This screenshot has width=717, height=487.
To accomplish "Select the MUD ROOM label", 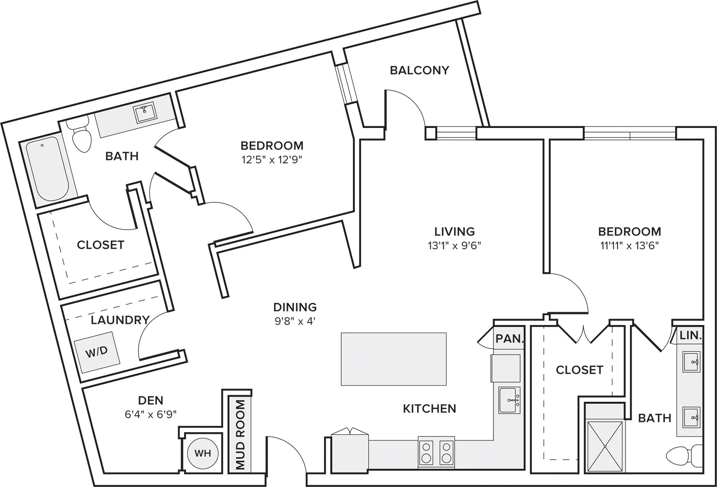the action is coord(240,435).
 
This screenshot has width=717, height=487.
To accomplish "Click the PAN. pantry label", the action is coord(509,339).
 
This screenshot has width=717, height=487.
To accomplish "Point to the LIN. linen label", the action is coord(690,336).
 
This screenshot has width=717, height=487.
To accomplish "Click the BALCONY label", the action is coord(419,70).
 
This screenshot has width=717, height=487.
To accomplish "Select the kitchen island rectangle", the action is coord(394,359).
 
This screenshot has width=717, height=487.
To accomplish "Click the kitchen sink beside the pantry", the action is coord(509,401).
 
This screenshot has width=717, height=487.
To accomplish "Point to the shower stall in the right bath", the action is coord(605,446).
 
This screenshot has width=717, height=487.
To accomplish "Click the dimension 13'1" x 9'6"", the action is coord(454,246).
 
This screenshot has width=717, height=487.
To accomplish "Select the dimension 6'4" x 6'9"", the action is coord(151,415).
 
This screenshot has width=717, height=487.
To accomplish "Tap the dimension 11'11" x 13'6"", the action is coord(630,246).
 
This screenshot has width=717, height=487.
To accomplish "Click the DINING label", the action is coord(295,307).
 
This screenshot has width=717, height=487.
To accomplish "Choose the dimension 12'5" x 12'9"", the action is coord(272,160).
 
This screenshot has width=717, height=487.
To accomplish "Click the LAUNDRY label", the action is coord(120,320).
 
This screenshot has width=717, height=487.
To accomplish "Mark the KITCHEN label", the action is coord(429,408).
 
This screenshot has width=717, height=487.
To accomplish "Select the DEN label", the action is coord(151,400).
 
